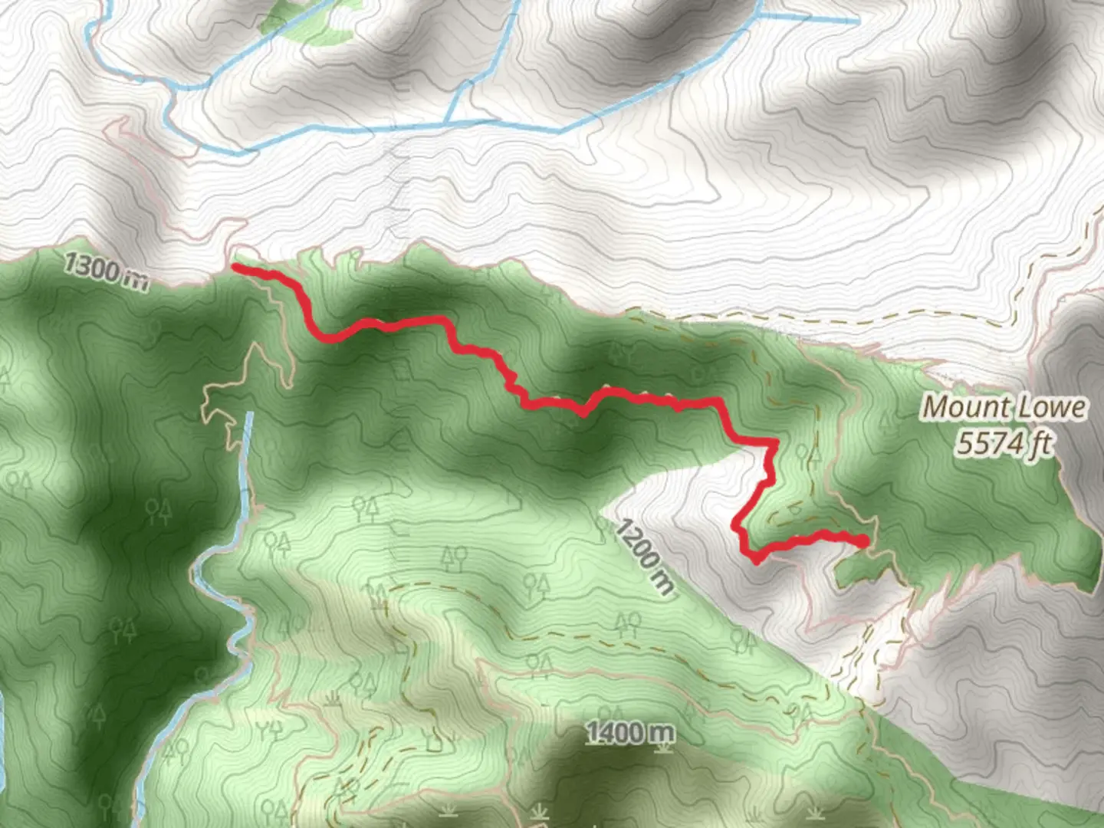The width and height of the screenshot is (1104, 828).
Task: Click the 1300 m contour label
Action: pyautogui.click(x=105, y=271)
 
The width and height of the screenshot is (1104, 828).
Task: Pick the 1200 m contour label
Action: pyautogui.click(x=645, y=557)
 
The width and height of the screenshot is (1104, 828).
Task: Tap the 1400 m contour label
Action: pyautogui.click(x=631, y=733)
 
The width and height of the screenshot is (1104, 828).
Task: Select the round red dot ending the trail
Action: pyautogui.click(x=863, y=541)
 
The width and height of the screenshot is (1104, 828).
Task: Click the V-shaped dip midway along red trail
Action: pyautogui.click(x=583, y=413)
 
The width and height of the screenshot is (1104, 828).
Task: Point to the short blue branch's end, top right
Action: pyautogui.click(x=857, y=22)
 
